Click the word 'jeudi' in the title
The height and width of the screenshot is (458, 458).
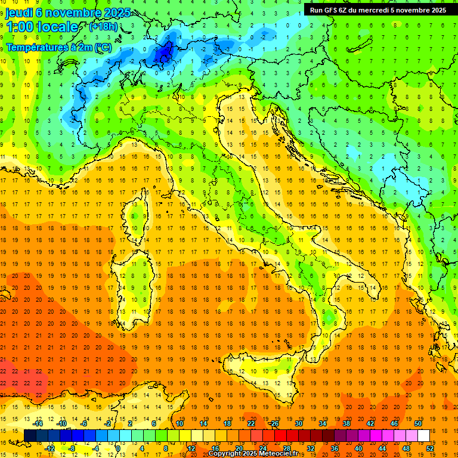coord(20,13)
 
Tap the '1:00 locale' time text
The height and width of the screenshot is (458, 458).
coord(42,27)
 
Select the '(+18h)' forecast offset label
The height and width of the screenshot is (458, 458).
coord(103,27)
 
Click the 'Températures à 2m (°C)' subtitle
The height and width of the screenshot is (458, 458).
coord(59,47)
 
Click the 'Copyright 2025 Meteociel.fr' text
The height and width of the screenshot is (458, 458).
coord(257,454)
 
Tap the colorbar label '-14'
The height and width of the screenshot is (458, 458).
coord(38,423)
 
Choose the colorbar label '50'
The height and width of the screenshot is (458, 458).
coord(417,423)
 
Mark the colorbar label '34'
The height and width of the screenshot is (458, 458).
coord(322,423)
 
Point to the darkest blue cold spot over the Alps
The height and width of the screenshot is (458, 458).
coord(163,54)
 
